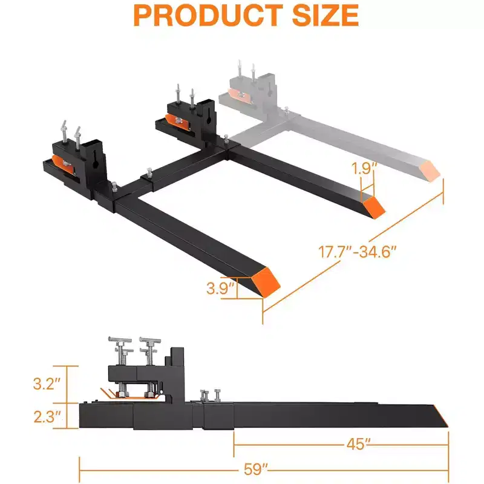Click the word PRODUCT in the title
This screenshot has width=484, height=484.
pyautogui.click(x=208, y=16)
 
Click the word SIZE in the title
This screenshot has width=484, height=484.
pyautogui.click(x=325, y=16)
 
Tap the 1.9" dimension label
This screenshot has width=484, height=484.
pyautogui.click(x=364, y=169)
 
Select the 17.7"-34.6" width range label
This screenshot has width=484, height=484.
pyautogui.click(x=357, y=252)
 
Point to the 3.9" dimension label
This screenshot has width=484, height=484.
pyautogui.click(x=220, y=288)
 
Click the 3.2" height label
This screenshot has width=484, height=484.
pyautogui.click(x=47, y=384)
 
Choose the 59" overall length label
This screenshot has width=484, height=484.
pyautogui.click(x=255, y=469)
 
